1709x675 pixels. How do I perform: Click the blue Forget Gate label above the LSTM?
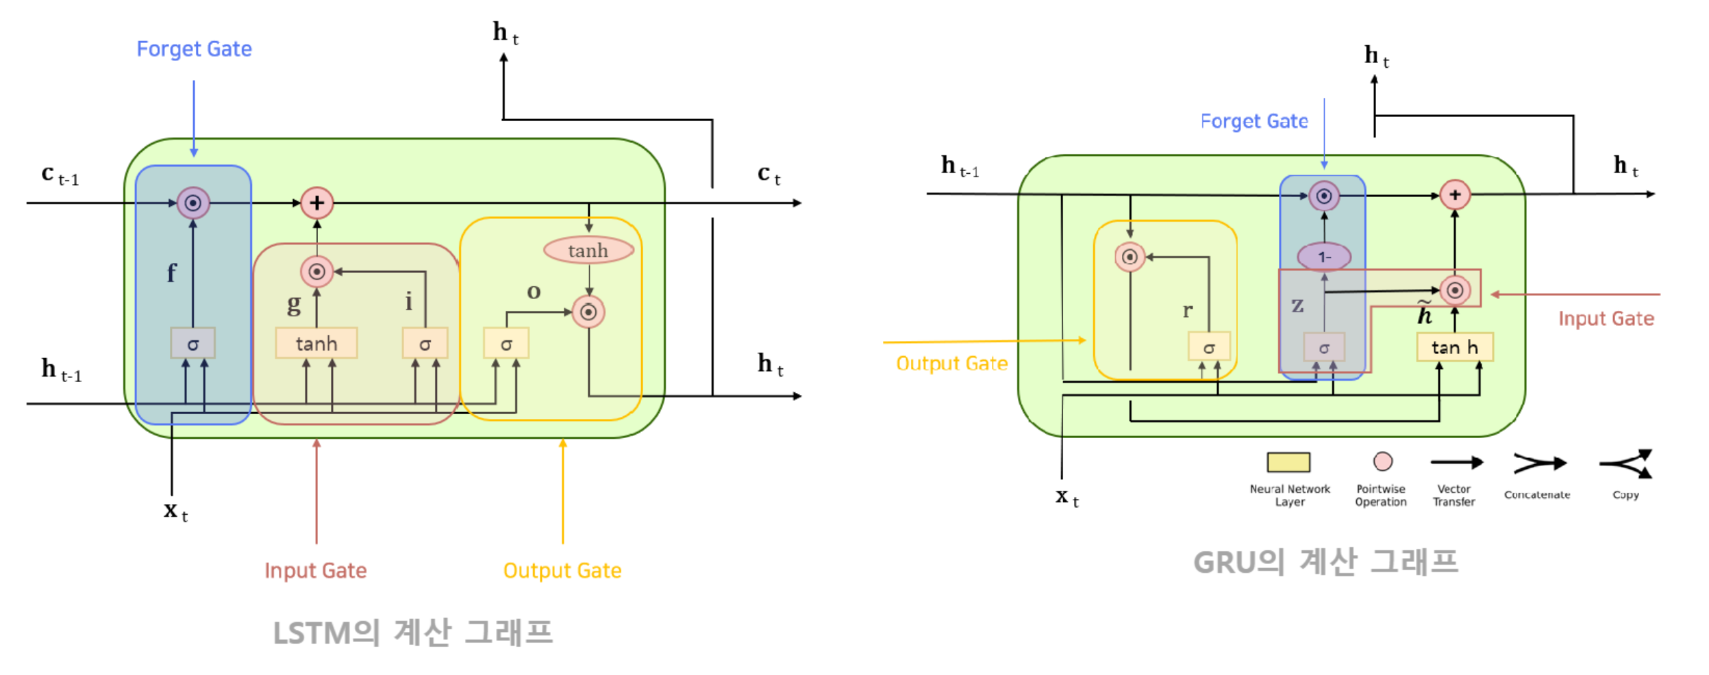coord(194,49)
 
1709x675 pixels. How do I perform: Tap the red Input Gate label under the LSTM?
coord(315,570)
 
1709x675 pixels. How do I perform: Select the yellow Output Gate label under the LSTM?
coord(562,570)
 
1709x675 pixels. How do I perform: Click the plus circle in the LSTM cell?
coord(316,203)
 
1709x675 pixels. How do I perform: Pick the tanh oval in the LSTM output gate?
coord(588,251)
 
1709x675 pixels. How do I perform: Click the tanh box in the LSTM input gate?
coord(316,343)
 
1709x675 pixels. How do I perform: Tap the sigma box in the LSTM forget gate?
coord(192,344)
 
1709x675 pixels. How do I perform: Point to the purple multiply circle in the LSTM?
coord(192,203)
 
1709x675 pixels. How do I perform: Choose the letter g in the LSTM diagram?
coord(294,303)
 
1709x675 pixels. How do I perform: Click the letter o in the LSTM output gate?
coord(534,292)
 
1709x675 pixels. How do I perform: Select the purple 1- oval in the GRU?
coord(1323,257)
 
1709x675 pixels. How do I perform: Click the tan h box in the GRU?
coord(1454,347)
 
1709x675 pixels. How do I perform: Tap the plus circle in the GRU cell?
coord(1454,194)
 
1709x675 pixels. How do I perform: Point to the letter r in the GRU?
coord(1187,310)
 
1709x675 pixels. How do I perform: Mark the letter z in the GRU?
coord(1297,305)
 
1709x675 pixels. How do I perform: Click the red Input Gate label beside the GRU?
coord(1606,318)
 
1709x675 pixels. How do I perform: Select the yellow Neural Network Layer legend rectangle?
coord(1288,462)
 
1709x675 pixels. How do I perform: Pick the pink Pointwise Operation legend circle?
coord(1382,461)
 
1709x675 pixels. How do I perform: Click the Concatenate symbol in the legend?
coord(1539,464)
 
